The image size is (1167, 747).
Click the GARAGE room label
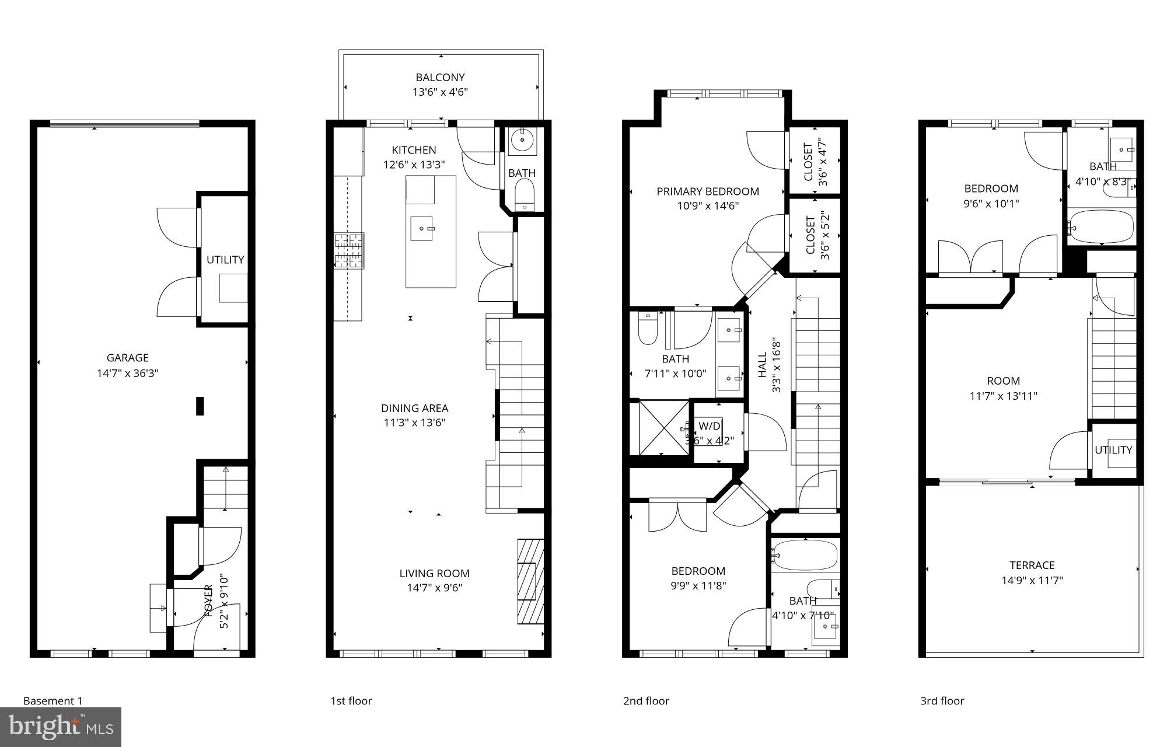[127, 358]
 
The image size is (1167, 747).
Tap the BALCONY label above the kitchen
[440, 77]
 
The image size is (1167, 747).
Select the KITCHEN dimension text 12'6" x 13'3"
[414, 165]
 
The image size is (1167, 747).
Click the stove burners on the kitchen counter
[349, 251]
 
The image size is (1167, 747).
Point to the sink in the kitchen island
[422, 228]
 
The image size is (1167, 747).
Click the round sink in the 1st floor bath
[519, 140]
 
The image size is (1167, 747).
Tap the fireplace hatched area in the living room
[530, 581]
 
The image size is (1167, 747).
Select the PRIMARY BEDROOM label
[707, 191]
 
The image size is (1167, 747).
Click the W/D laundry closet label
[710, 426]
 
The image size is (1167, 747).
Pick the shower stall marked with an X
[663, 428]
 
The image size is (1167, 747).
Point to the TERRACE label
[1032, 565]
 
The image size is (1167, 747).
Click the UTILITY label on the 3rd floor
[1113, 450]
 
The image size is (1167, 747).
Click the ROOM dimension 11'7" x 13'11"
[1003, 396]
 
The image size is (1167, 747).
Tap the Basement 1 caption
[53, 701]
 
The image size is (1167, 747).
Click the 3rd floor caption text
[942, 701]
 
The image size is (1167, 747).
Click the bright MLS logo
[61, 727]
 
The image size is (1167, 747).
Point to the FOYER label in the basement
[208, 601]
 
